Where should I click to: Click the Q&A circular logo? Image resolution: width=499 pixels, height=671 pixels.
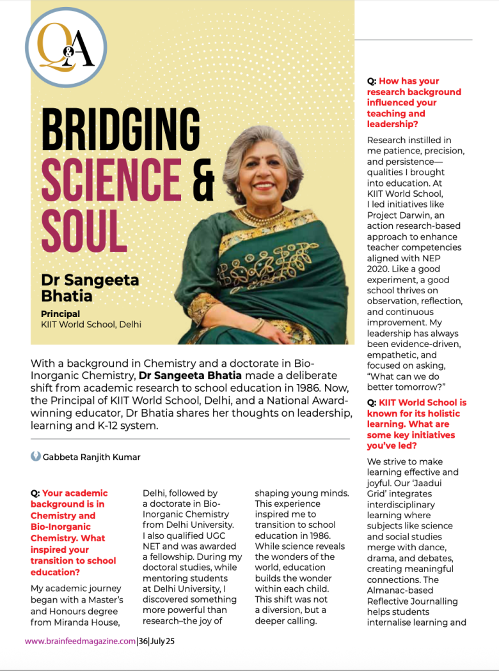tap(66, 47)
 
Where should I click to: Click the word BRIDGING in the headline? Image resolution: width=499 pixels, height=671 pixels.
tap(120, 130)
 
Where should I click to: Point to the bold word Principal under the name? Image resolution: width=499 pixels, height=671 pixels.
tap(60, 314)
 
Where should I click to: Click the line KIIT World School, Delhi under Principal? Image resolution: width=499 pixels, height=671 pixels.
tap(91, 325)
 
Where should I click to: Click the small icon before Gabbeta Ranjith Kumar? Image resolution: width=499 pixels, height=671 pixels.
tap(36, 456)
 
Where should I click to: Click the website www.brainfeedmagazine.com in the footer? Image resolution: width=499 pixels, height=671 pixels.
tap(80, 641)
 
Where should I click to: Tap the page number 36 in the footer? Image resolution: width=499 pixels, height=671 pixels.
tap(144, 641)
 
